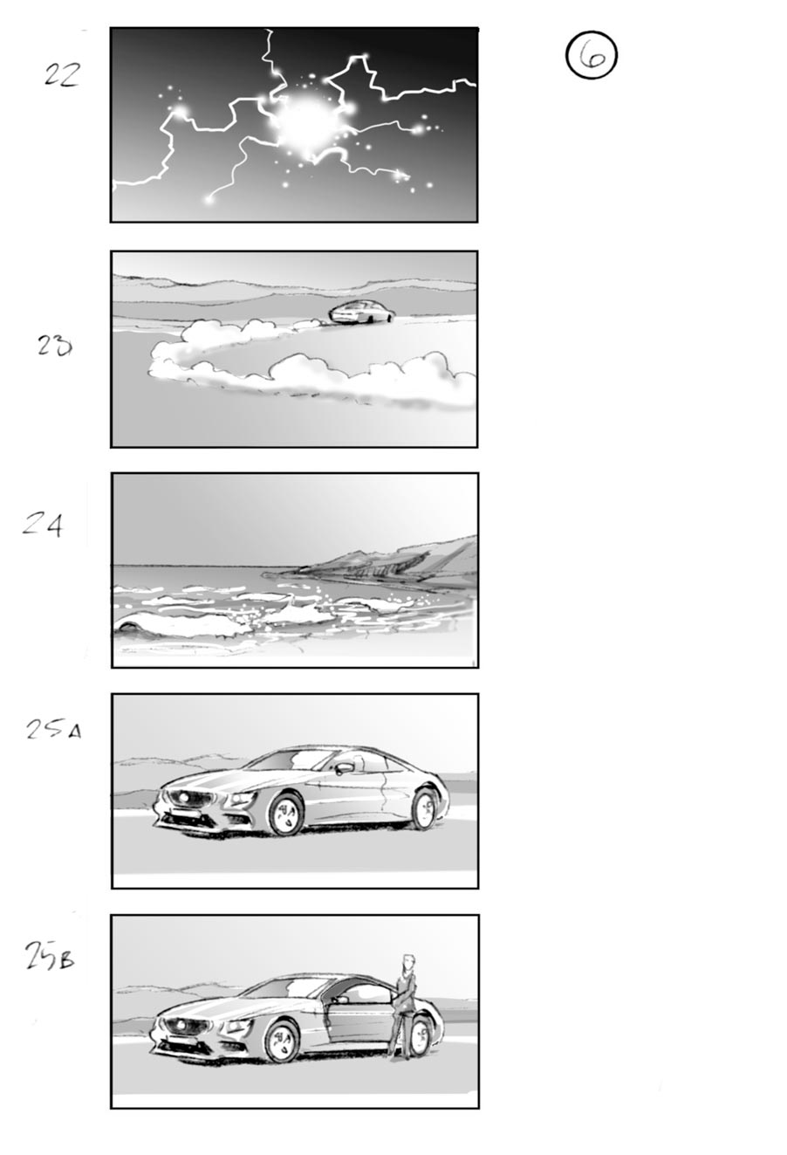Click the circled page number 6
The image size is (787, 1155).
[592, 56]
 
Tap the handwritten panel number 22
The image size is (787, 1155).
[62, 75]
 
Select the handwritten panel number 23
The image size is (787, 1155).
[54, 347]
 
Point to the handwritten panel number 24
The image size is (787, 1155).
[43, 526]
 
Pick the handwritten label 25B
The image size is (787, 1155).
[49, 958]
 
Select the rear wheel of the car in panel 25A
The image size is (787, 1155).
[424, 808]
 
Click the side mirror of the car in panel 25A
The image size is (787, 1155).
[345, 768]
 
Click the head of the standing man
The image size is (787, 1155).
[405, 960]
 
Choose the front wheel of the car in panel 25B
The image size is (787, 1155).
[281, 1040]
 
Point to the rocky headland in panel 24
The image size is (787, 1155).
[393, 558]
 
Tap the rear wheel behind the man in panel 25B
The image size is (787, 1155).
[421, 1035]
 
